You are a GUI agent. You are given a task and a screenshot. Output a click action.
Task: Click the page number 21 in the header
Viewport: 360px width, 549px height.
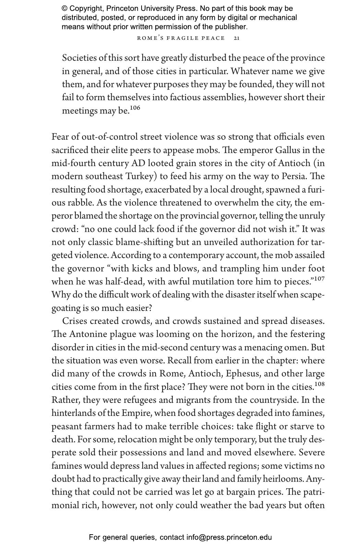[237, 38]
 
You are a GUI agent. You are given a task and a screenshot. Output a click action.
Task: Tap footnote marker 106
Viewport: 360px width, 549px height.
[135, 108]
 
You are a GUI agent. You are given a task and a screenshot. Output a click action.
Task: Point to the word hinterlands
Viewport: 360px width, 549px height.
[75, 413]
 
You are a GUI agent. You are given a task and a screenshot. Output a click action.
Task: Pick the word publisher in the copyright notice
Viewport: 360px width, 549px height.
[230, 27]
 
